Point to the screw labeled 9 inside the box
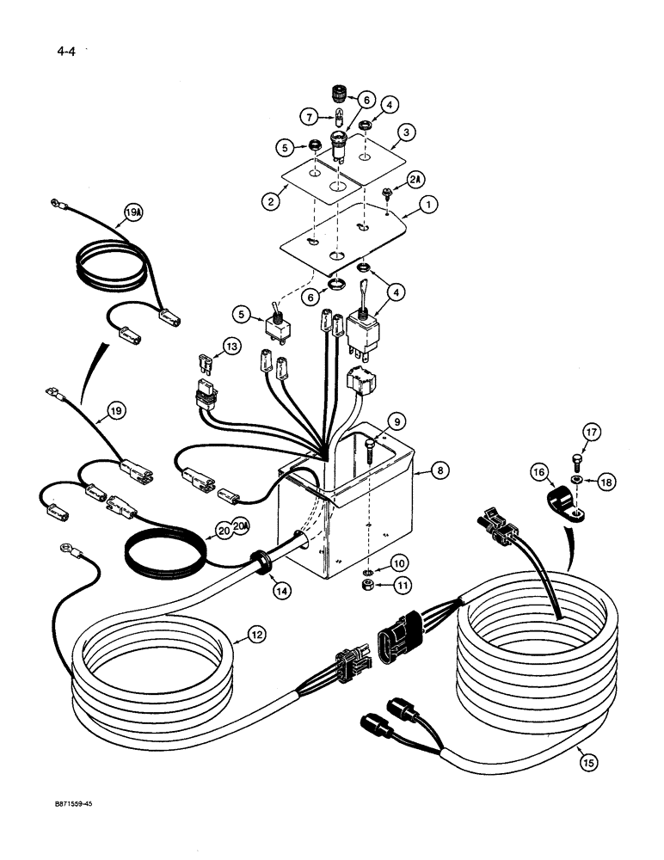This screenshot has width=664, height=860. (x=368, y=451)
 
